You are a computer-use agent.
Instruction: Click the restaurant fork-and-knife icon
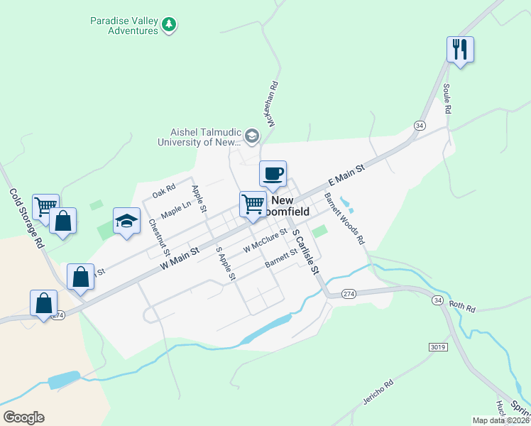coord(460,49)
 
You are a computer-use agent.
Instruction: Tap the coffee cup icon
coord(273,173)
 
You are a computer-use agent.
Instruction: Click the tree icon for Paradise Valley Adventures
coord(169,25)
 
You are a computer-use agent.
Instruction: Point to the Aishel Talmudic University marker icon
coord(251,136)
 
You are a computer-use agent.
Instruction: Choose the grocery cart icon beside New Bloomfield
coord(253,204)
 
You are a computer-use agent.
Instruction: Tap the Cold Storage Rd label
coord(27,218)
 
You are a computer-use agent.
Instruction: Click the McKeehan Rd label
coord(272,104)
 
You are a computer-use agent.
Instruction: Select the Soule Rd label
coord(447,99)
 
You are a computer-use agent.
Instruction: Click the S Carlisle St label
coord(306,252)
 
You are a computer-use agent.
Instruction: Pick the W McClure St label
coord(264,241)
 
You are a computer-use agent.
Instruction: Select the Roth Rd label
coord(461,305)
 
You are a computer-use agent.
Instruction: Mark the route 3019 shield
coord(438,346)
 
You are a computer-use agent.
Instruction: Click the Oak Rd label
coord(163,192)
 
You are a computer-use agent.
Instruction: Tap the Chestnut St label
coord(160,237)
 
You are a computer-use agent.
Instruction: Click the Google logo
coord(23,417)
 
